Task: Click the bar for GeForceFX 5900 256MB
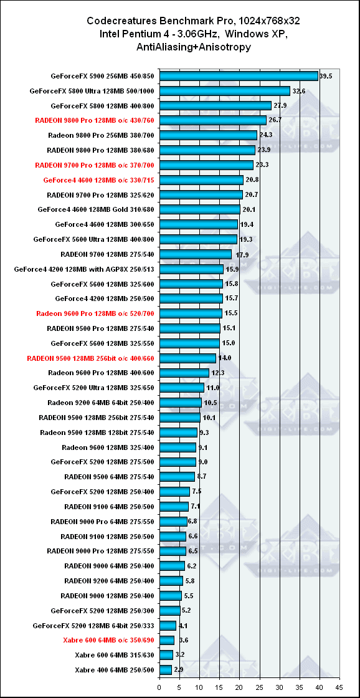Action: (239, 76)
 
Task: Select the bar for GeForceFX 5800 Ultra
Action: (225, 91)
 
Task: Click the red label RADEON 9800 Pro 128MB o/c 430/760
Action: (95, 120)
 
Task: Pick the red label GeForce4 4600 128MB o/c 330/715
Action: (99, 180)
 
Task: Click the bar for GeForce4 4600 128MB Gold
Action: (200, 209)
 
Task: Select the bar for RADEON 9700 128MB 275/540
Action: (196, 254)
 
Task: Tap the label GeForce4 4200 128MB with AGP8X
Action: (85, 269)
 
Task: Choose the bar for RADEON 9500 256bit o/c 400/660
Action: (188, 358)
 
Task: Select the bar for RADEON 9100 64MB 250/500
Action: (174, 507)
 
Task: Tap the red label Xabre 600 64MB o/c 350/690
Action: (108, 640)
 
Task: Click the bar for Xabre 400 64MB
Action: (166, 669)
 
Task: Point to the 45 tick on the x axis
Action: (340, 688)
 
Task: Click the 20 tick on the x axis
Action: (240, 688)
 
